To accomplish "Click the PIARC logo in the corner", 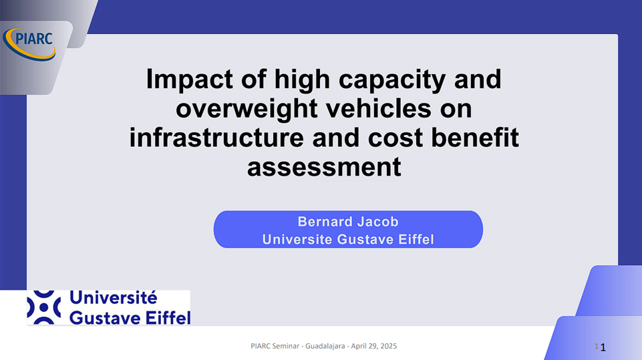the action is coord(29,44).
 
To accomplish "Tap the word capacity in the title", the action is coord(392,79).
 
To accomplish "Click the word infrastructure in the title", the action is coord(216,138).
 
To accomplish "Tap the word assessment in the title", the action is coord(324,167).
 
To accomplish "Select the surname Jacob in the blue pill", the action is coord(377,222).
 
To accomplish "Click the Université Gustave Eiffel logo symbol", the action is coord(44,307).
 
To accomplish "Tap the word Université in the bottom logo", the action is coord(113,298).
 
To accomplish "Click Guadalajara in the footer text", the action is coord(325,346).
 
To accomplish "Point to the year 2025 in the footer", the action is coord(389,346).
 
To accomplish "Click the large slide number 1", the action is coord(603,348).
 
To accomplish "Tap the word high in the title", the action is coord(302,79).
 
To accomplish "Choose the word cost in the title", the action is coord(395,138).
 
